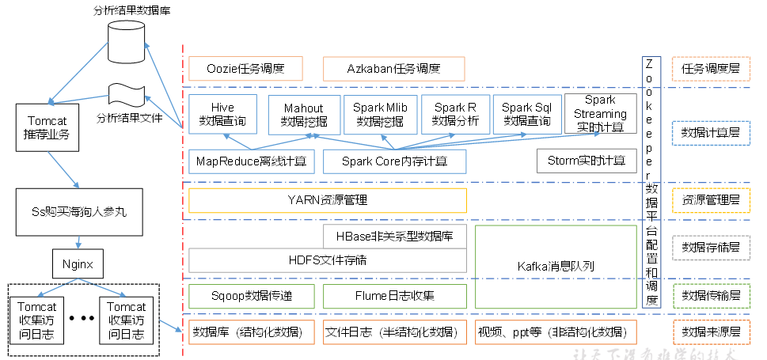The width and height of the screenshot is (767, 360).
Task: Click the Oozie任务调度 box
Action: (245, 68)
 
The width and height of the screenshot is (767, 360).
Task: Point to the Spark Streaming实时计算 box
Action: (600, 113)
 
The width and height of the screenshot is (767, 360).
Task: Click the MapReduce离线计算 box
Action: (251, 161)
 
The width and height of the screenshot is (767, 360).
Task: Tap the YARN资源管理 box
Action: (327, 200)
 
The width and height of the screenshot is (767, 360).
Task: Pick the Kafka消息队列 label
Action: (556, 267)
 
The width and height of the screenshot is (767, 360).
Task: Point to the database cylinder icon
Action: (129, 40)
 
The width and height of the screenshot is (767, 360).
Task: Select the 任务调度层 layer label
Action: (710, 69)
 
